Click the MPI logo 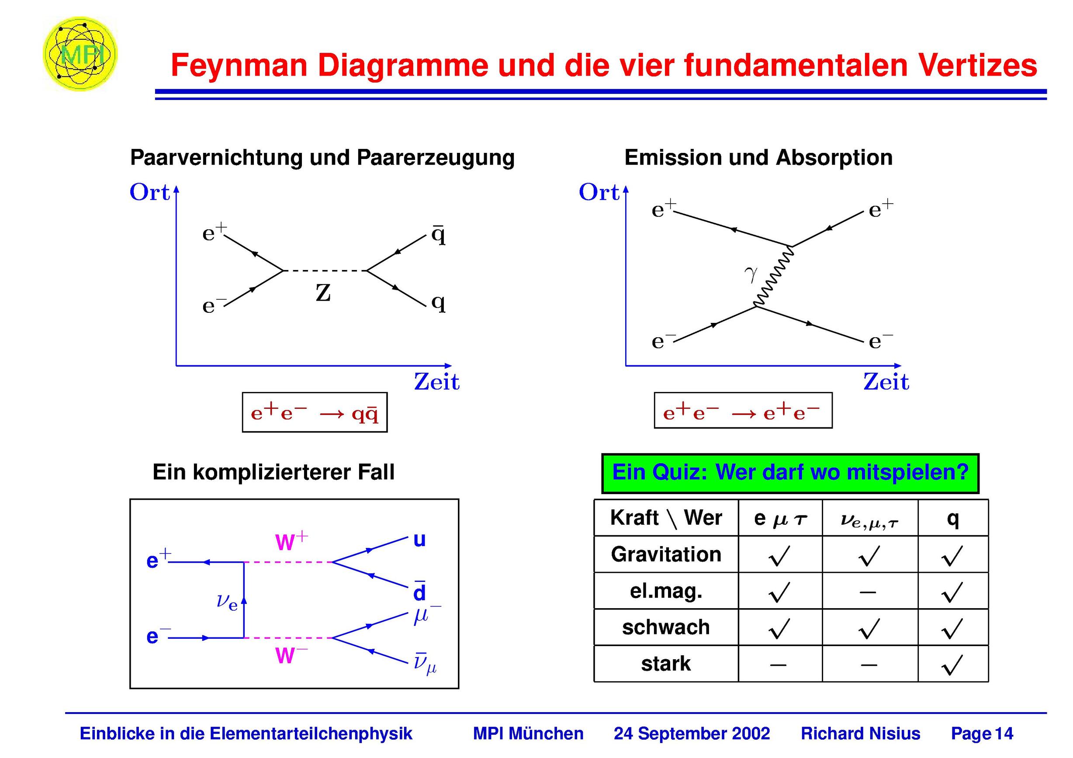(x=80, y=54)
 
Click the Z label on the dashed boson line (x=323, y=293)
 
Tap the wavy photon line (x=774, y=277)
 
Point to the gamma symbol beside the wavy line (x=751, y=274)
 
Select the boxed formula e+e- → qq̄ (x=315, y=412)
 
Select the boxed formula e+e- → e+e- (x=743, y=410)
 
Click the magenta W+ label (x=291, y=541)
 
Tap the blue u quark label (x=419, y=540)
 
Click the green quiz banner (x=790, y=474)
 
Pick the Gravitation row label (x=666, y=555)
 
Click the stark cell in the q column (x=952, y=665)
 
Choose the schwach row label (x=666, y=627)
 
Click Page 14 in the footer (x=982, y=734)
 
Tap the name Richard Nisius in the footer (x=860, y=734)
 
